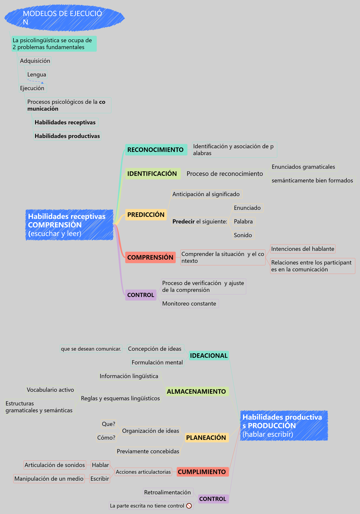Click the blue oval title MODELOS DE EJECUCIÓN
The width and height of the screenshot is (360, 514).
64,18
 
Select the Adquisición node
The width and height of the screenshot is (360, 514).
35,61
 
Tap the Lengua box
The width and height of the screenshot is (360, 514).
37,74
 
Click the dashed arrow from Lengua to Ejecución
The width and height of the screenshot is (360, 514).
35,81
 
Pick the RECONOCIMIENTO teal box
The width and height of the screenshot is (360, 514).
156,150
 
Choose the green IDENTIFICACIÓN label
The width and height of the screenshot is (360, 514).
153,174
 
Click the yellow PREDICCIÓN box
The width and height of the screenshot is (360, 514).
146,215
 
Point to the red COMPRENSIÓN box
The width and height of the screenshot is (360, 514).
150,257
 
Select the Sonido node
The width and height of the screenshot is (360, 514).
244,235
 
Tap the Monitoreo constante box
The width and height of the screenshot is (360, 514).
190,304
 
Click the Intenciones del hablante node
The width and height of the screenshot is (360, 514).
303,249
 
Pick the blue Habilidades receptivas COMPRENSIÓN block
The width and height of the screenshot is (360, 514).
69,225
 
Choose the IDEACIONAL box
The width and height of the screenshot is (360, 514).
209,355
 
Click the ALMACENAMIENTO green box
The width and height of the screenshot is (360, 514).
197,391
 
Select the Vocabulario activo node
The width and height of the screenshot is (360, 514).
50,390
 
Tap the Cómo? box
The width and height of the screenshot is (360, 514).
106,437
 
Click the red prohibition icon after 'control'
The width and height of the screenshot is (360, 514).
189,506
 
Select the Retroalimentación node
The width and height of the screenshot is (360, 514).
168,492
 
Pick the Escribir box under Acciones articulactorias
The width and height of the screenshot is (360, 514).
100,479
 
